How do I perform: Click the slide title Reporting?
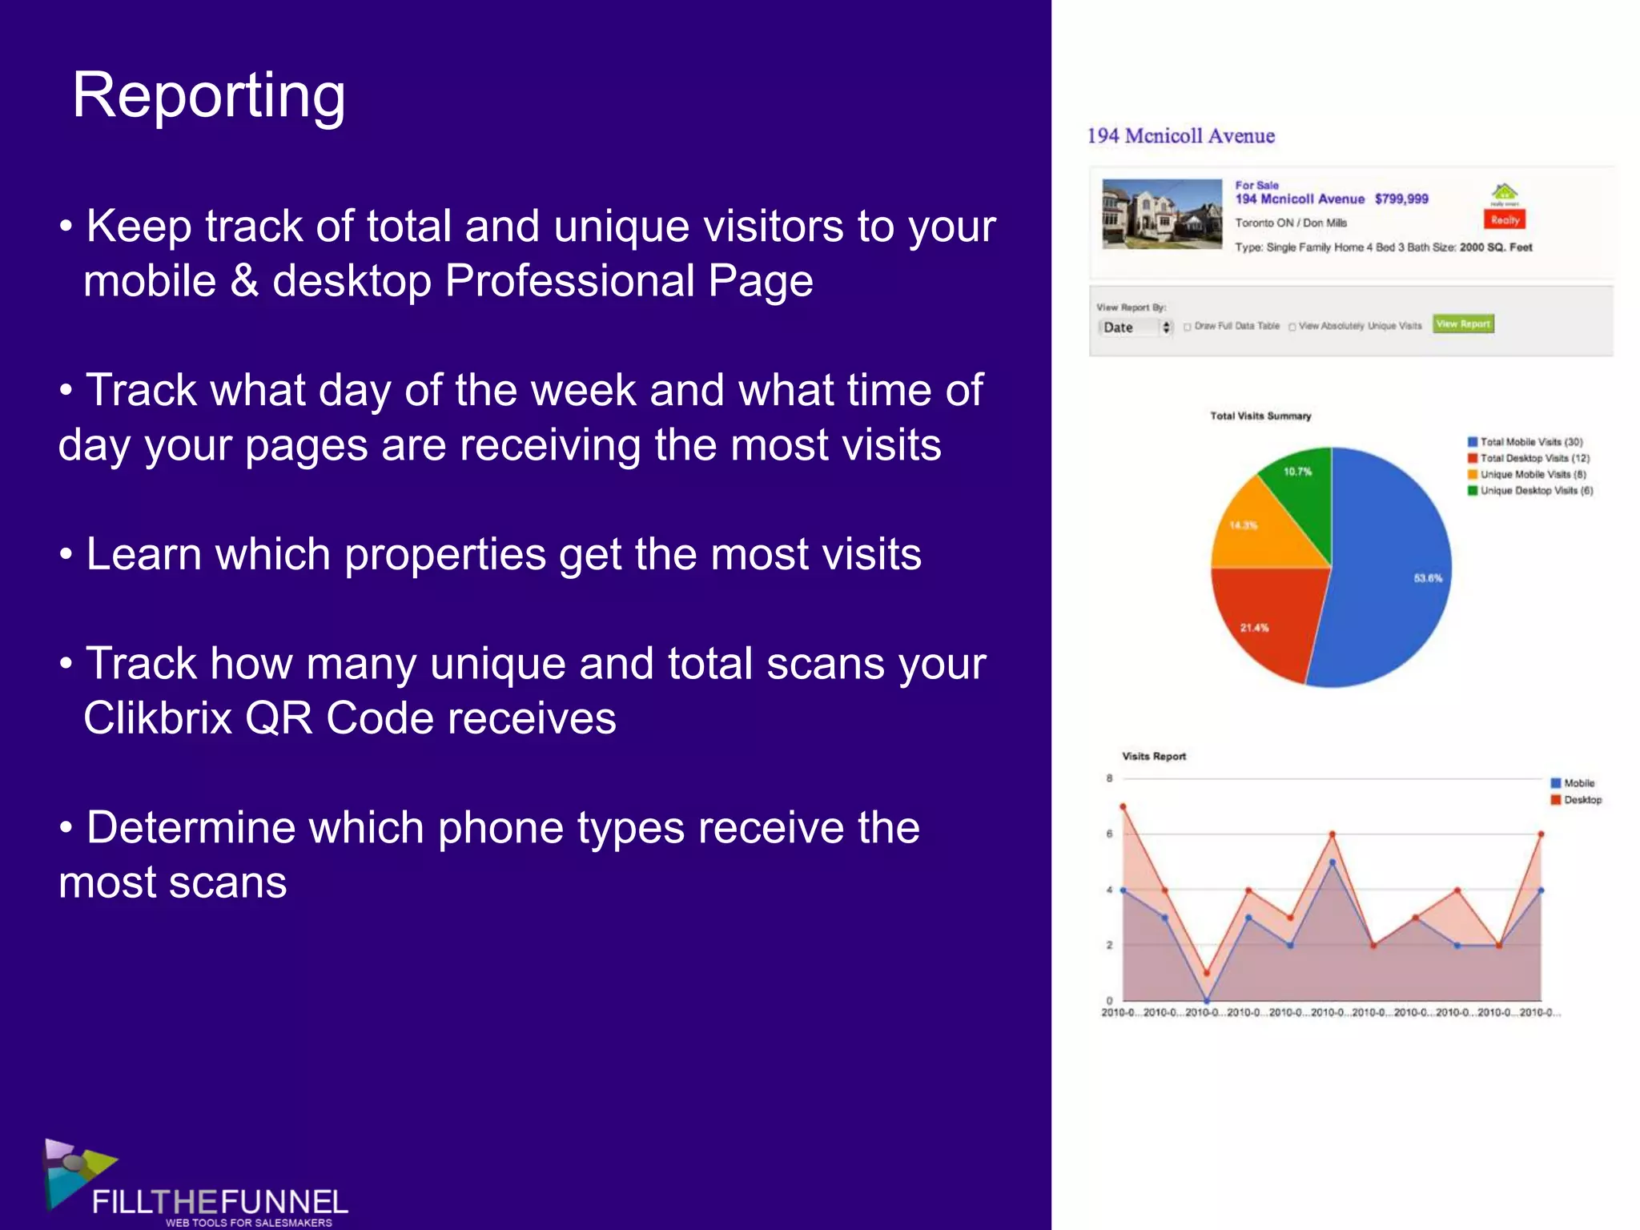pos(209,95)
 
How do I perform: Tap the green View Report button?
pos(1462,324)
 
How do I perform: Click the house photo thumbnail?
pos(1161,214)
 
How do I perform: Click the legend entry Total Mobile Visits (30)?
pos(1530,442)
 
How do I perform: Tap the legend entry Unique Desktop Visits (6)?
pos(1536,491)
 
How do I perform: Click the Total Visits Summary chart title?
pos(1260,416)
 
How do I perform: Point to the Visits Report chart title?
pos(1154,757)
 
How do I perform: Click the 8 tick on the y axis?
pos(1110,778)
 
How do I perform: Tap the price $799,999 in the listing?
pos(1401,199)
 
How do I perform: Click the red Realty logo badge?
pos(1505,219)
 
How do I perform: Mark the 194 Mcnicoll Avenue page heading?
pos(1180,136)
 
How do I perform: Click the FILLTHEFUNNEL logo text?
pos(220,1203)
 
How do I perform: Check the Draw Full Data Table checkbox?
pos(1188,327)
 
